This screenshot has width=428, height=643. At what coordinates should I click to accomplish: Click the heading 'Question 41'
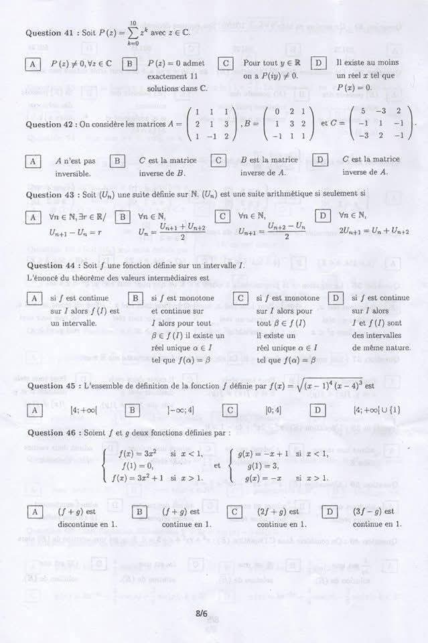pyautogui.click(x=50, y=32)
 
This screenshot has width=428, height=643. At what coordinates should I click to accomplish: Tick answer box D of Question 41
pyautogui.click(x=319, y=64)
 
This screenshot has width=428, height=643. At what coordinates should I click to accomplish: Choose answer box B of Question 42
pyautogui.click(x=117, y=161)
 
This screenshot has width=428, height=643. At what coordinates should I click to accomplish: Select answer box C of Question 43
pyautogui.click(x=222, y=217)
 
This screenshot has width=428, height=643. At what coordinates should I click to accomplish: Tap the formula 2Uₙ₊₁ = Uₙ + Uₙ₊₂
pyautogui.click(x=374, y=231)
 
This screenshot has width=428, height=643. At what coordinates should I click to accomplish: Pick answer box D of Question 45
pyautogui.click(x=319, y=410)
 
